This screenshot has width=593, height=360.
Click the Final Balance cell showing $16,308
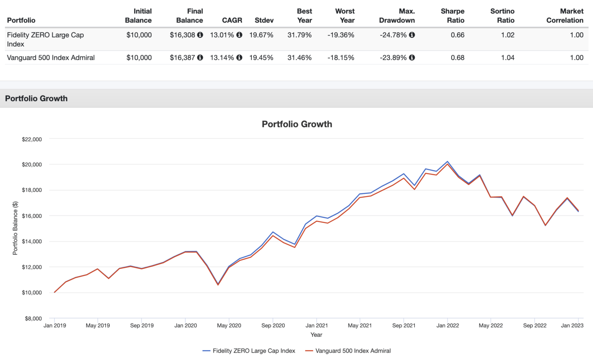(183, 35)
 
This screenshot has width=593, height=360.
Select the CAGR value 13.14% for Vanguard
(222, 58)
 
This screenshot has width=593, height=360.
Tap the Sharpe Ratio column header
(452, 16)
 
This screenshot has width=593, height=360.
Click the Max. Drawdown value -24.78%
(393, 35)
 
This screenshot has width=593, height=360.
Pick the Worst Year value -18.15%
(341, 58)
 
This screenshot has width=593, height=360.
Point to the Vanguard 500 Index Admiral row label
(51, 58)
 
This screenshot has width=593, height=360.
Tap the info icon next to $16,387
(200, 58)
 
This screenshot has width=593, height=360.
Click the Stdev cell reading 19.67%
(261, 35)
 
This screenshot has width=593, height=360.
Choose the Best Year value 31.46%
(299, 58)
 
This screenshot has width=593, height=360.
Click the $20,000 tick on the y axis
(32, 165)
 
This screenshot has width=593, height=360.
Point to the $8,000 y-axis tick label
(33, 319)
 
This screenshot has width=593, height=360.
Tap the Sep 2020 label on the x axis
(273, 326)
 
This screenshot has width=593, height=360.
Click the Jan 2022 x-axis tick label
(447, 326)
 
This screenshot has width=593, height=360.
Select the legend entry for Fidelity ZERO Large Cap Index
(249, 351)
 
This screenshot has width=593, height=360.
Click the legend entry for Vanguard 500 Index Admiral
(348, 351)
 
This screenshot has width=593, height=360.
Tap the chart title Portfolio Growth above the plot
(297, 124)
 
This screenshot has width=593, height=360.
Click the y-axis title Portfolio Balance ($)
(15, 228)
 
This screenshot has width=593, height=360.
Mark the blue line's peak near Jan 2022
(447, 161)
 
